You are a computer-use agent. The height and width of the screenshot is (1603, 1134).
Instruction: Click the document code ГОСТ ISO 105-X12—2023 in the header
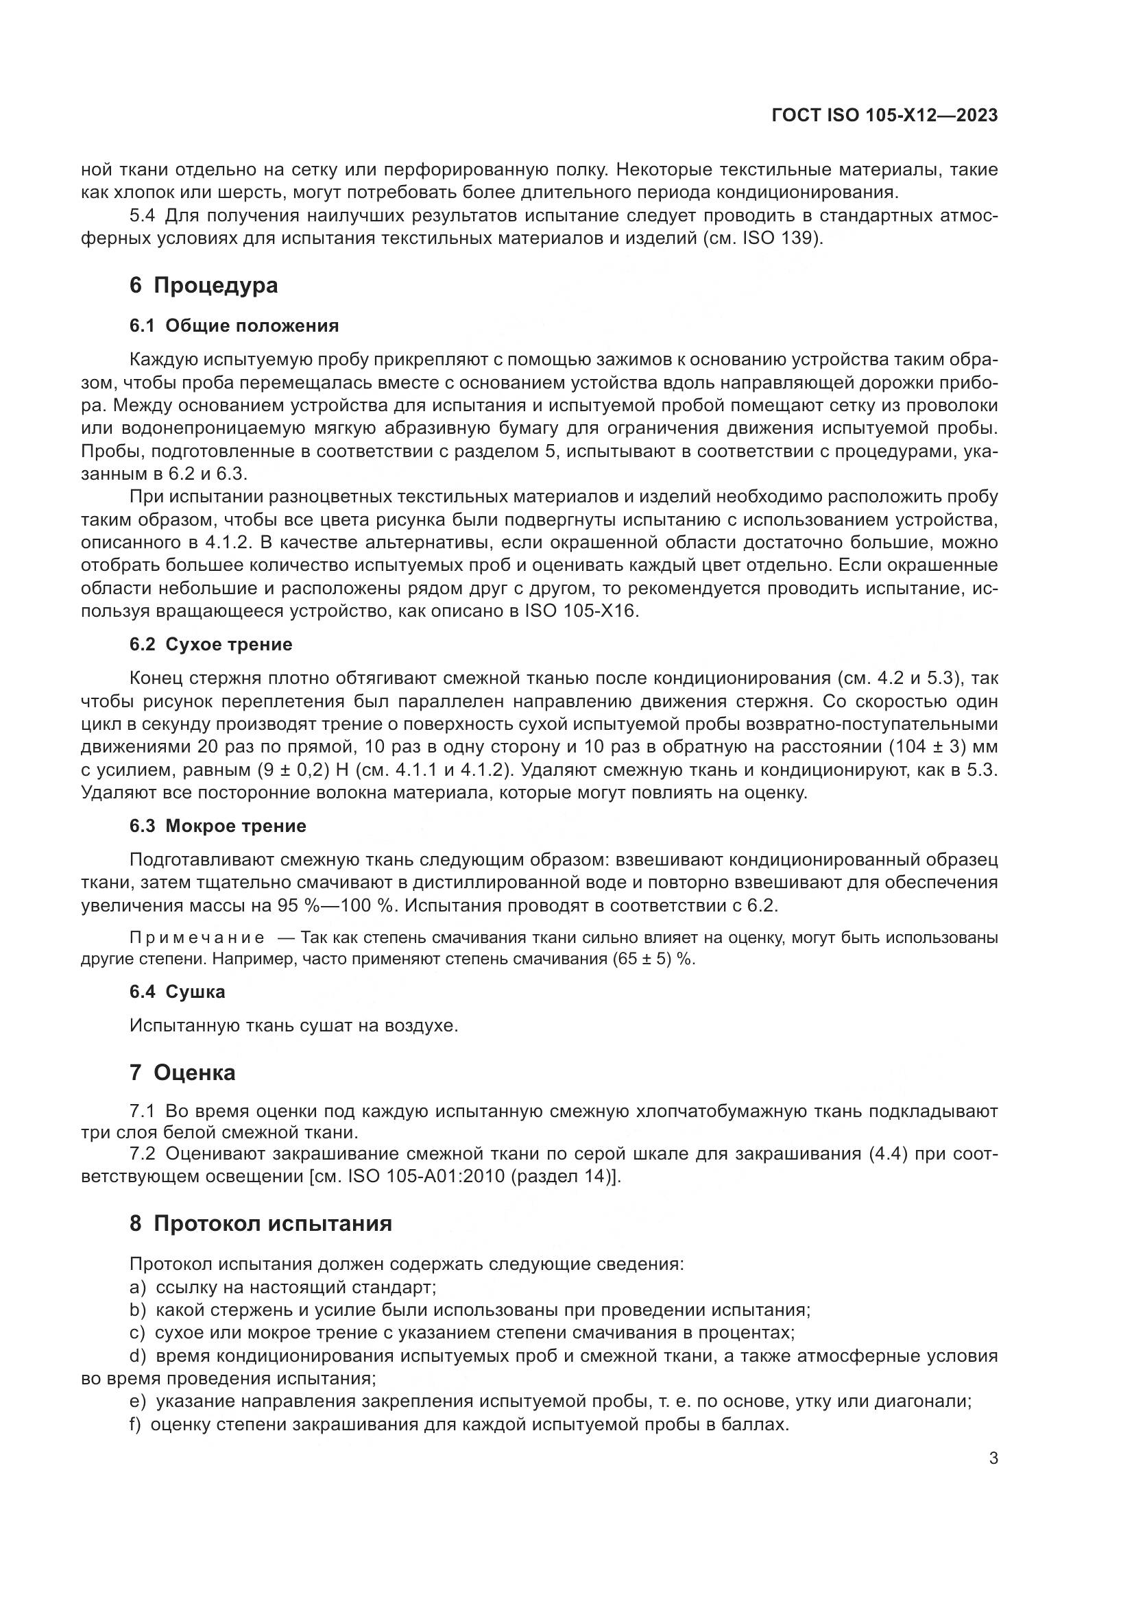[x=884, y=116]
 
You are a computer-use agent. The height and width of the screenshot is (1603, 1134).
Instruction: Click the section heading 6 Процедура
[x=203, y=286]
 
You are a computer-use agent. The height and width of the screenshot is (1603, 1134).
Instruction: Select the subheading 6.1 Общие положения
[x=234, y=326]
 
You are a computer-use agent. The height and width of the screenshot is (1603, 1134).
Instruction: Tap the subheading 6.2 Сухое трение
[x=211, y=644]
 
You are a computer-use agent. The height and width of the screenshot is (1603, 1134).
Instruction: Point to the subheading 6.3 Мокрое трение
[x=218, y=826]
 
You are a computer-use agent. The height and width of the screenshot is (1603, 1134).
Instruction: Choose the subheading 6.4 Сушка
[x=178, y=992]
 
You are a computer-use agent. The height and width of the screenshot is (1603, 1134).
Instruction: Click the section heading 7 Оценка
[x=182, y=1073]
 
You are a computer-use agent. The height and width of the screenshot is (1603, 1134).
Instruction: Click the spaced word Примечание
[x=197, y=938]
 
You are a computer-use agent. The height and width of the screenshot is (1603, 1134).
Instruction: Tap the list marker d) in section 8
[x=138, y=1356]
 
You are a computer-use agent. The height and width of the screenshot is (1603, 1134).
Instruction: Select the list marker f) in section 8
[x=136, y=1424]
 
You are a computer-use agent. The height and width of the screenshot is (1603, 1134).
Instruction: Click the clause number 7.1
[x=143, y=1111]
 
